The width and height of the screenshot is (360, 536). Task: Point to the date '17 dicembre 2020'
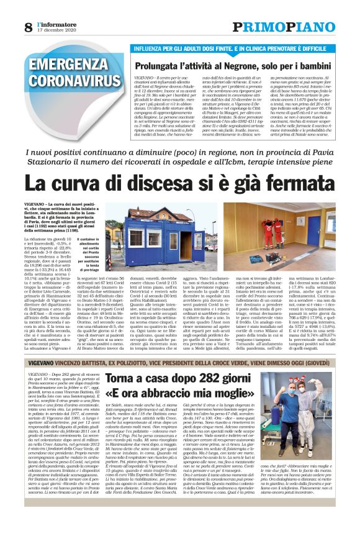[58, 30]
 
